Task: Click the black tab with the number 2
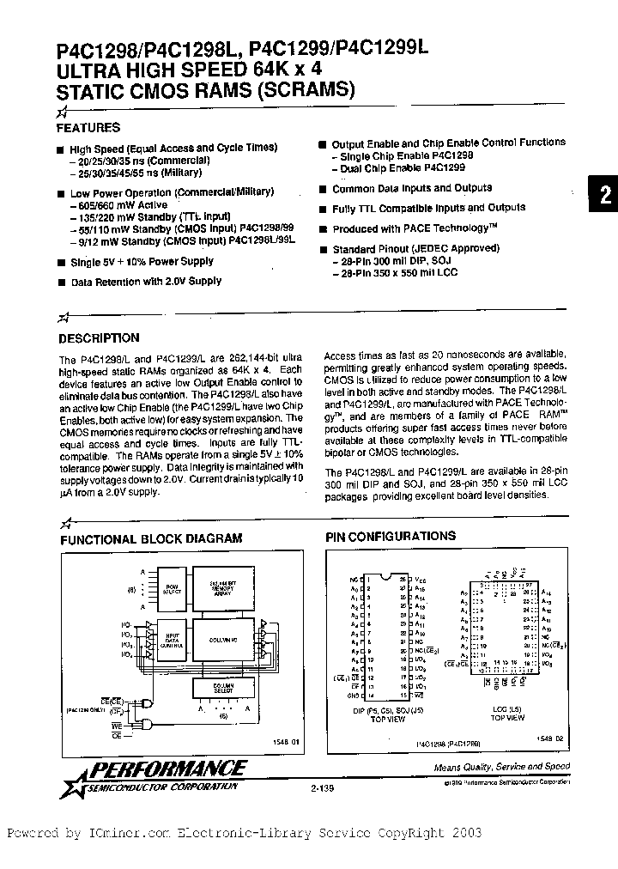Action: (604, 195)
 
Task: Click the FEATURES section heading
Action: (88, 128)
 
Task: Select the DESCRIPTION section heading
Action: (99, 338)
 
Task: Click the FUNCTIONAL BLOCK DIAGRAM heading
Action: (150, 538)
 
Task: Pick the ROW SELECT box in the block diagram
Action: (173, 589)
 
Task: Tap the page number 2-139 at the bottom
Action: (314, 783)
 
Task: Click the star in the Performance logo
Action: (69, 778)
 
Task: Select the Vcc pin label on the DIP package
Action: (419, 580)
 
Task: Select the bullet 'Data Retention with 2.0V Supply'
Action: (145, 281)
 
